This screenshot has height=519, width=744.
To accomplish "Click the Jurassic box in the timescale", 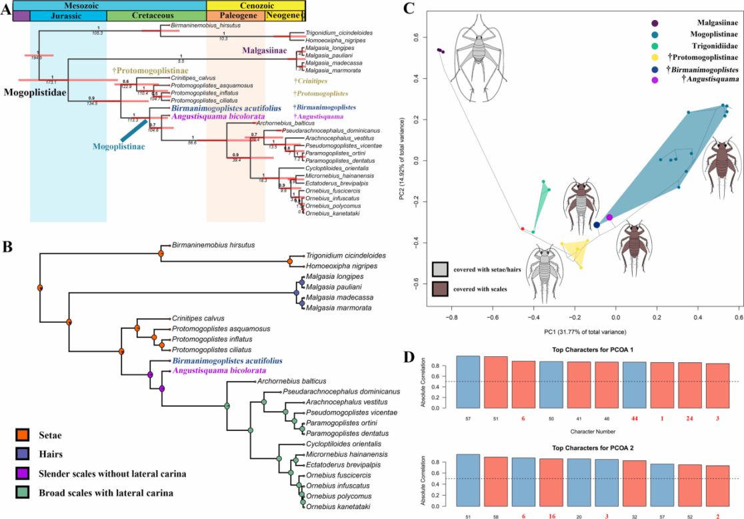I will click(68, 15).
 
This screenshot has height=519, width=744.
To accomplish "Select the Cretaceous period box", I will click(156, 15).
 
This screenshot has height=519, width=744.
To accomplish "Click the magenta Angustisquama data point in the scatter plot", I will click(609, 217).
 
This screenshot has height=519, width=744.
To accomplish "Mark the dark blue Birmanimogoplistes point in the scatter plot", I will click(597, 225).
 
